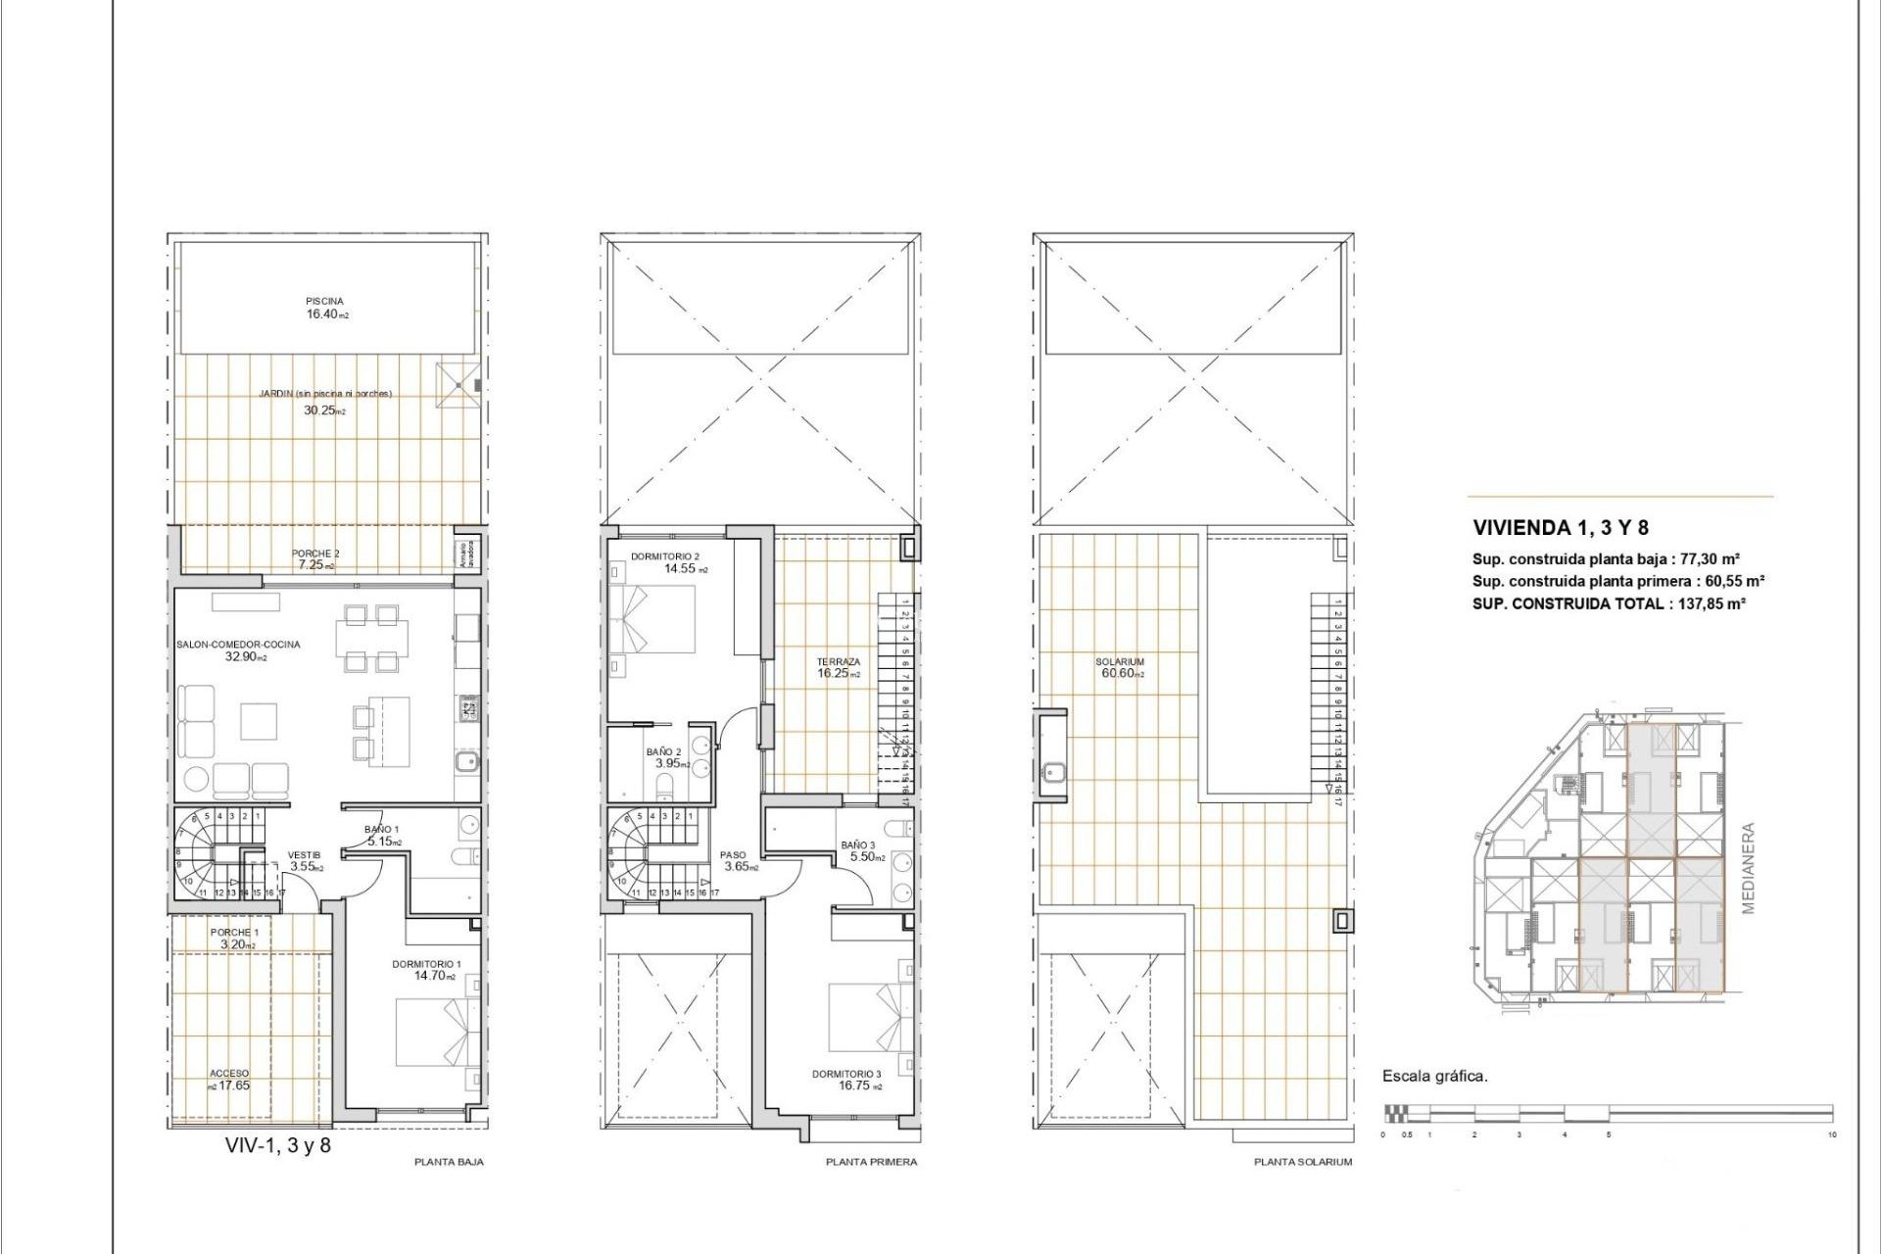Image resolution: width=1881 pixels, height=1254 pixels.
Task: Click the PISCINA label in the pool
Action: (x=324, y=301)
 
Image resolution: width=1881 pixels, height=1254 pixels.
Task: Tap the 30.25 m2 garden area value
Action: (x=324, y=410)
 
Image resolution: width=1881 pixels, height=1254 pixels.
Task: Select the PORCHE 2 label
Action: (x=315, y=554)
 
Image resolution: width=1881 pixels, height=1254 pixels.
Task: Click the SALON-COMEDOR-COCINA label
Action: (x=238, y=645)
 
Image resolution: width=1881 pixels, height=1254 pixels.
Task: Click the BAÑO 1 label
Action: (x=382, y=829)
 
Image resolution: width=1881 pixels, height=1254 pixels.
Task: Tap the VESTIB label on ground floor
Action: (x=304, y=855)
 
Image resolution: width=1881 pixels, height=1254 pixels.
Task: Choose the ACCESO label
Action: (x=229, y=1074)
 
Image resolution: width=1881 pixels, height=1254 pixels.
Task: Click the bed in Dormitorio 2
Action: (x=651, y=620)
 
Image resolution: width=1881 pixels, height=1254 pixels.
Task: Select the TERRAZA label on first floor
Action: (x=839, y=662)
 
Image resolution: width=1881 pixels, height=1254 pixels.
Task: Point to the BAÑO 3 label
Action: (x=858, y=844)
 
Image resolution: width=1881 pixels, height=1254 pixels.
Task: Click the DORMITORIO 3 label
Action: (x=846, y=1074)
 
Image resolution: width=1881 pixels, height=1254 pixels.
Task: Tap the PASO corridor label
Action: (x=733, y=855)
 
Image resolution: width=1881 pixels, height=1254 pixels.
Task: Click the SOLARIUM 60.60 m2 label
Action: (x=1120, y=667)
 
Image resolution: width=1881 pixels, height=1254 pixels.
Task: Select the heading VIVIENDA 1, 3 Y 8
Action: (x=1561, y=528)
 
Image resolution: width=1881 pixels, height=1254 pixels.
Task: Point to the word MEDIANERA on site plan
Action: (x=1749, y=868)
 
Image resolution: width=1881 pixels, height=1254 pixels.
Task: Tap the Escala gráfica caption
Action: (x=1434, y=1076)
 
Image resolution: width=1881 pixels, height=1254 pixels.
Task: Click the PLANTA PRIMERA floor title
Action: (x=871, y=1162)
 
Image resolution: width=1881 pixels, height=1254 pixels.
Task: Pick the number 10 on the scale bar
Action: (x=1831, y=1134)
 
